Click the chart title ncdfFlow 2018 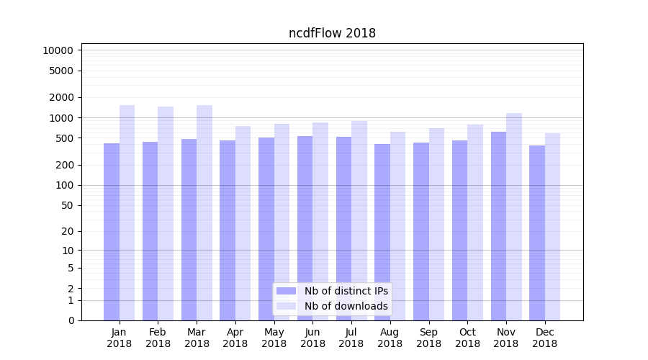[332, 33]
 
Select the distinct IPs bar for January [112, 230]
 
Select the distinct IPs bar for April [228, 230]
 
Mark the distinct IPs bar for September [421, 230]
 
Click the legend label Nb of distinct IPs [346, 291]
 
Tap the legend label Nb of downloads [346, 306]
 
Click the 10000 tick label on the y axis [58, 50]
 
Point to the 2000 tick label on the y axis [60, 97]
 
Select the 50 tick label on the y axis [66, 205]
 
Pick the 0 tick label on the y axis [71, 320]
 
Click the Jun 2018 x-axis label [312, 338]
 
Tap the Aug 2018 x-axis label [390, 338]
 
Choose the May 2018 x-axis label [274, 338]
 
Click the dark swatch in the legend [286, 291]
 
